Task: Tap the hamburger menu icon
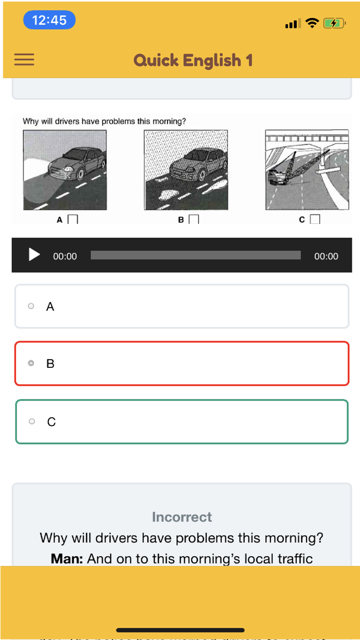pos(24,60)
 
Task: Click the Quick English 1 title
pos(193,60)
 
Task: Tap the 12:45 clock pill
pos(49,20)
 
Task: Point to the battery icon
pos(333,23)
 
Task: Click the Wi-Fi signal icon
pos(312,23)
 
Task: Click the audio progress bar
pos(195,255)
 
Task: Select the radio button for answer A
pos(31,306)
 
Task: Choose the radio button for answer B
pos(31,363)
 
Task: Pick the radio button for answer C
pos(32,421)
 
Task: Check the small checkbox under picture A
pos(73,220)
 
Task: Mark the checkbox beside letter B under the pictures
pos(194,220)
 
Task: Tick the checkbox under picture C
pos(315,220)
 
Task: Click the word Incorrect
pos(182,517)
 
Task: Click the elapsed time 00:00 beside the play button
pos(65,256)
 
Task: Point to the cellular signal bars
pos(292,24)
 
